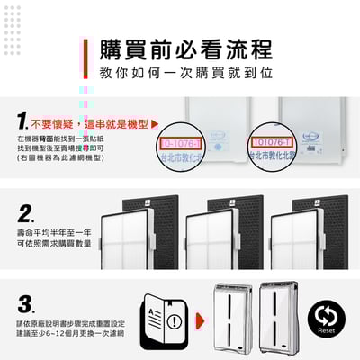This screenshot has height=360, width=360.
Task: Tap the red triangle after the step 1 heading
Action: coord(155,122)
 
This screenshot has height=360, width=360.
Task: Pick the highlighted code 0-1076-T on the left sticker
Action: coord(183,142)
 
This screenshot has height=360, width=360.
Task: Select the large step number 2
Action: coord(24,214)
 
